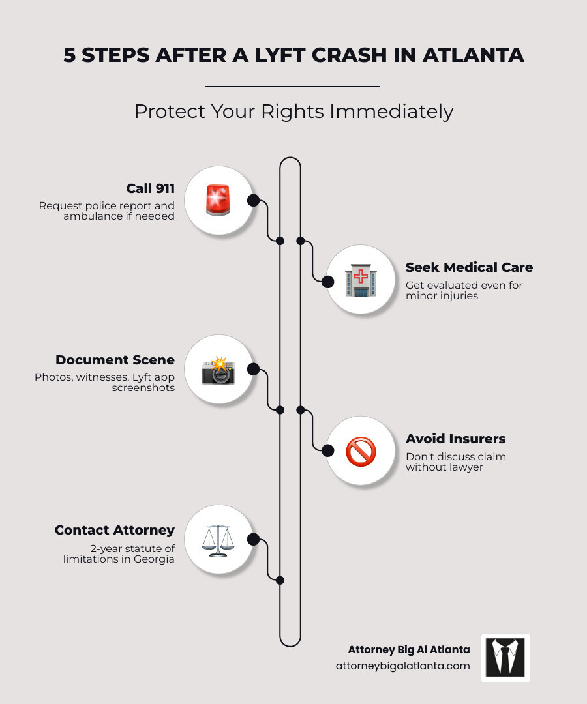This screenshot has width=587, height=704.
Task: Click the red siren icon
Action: coord(218,200)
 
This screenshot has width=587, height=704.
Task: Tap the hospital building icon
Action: coord(361,280)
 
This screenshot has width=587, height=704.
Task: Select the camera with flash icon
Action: coord(218,370)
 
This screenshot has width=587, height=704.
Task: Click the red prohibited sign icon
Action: coord(361,451)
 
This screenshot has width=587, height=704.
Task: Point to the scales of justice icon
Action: coord(218,540)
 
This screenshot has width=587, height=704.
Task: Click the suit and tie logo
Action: coord(505,658)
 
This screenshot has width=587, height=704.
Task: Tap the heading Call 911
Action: coord(150,188)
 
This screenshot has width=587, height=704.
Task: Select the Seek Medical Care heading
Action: coord(469,268)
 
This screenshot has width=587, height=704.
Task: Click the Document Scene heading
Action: coord(115,360)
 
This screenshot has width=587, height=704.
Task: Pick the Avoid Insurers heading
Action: coord(455,439)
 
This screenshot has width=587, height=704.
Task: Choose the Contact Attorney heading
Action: coord(115,530)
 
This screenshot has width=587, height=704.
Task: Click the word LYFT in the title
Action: coord(280,55)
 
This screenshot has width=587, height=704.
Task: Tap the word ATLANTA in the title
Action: coord(473,55)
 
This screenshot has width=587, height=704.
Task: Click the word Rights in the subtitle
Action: coord(292,112)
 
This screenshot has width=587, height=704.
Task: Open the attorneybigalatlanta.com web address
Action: coord(403,666)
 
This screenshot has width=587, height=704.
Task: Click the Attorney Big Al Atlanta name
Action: coord(409,650)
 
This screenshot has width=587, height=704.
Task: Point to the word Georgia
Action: coord(154,559)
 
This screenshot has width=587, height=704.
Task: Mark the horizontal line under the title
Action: coord(292,86)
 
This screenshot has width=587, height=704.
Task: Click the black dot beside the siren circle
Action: coord(253,200)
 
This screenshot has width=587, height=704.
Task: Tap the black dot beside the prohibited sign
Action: coord(328,450)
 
